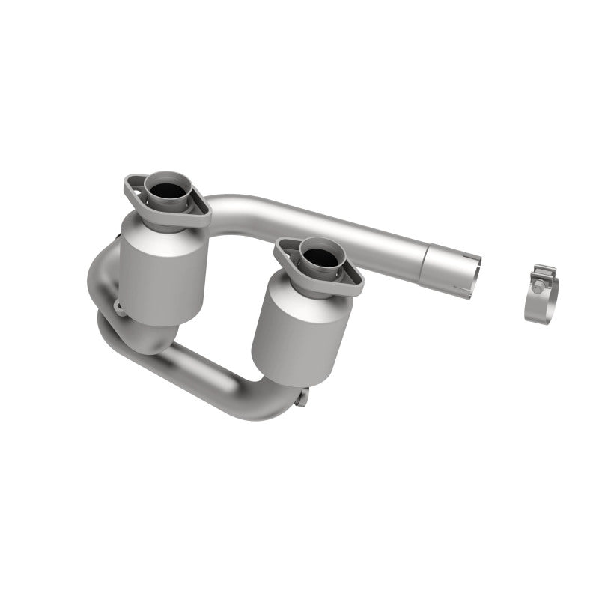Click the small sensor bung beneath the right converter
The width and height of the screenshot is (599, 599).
[301, 399]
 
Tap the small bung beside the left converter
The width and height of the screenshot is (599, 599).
[118, 305]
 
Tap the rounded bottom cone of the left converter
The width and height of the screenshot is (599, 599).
[161, 337]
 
